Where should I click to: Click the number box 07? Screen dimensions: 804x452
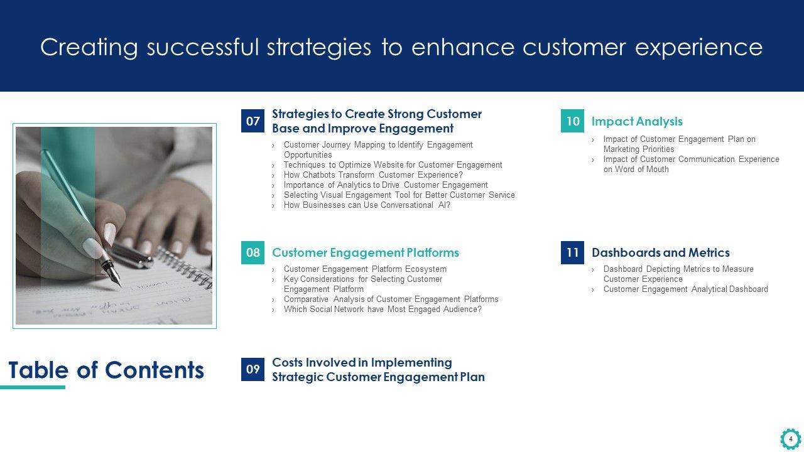coord(253,121)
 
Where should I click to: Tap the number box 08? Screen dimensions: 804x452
coord(253,252)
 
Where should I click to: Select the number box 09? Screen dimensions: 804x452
coord(253,369)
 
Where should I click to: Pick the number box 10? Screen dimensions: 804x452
coord(572,121)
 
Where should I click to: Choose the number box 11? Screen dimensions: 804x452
coord(572,252)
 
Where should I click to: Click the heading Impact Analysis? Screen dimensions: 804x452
coord(637,122)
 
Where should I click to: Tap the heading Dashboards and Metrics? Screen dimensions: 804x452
coord(660,252)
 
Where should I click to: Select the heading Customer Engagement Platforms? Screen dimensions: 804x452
coord(366,252)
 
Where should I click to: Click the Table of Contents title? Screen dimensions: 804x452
coord(106,370)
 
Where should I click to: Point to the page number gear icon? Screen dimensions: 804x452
coord(791,439)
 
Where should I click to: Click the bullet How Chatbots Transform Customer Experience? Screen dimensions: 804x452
coord(373,175)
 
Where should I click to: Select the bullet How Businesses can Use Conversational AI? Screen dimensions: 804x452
coord(367,205)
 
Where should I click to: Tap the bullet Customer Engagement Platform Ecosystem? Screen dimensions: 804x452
coord(365,269)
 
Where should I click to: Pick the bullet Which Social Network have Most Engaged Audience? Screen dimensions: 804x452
coord(383,309)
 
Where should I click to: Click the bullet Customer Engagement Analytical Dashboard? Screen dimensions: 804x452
coord(685,289)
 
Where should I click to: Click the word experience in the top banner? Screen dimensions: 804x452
coord(699,47)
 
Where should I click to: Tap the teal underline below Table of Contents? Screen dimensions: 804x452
coord(33,387)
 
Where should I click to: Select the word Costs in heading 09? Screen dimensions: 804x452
coord(290,363)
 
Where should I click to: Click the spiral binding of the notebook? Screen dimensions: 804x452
coord(185,267)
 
